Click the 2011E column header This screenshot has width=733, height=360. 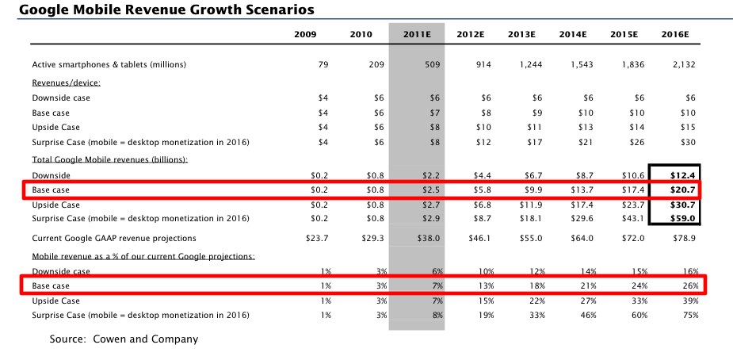coord(417,34)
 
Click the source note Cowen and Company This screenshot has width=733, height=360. coord(124,339)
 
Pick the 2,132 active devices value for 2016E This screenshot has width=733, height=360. coord(683,65)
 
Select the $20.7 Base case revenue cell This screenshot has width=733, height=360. coord(683,190)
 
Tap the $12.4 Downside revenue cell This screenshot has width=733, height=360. coord(683,175)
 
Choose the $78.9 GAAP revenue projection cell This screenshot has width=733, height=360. coord(683,238)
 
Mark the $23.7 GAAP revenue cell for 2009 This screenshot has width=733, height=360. coord(315,238)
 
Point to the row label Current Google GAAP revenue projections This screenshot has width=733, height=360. coord(114,238)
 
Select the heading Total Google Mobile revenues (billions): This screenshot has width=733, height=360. coord(109,159)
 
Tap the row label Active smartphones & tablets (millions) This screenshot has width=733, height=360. coord(109,65)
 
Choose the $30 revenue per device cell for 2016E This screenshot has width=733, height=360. coord(687,143)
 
